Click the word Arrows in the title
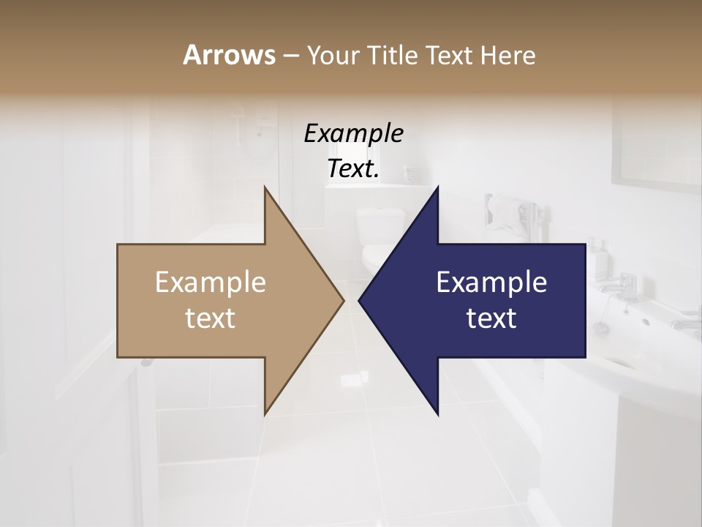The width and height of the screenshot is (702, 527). coord(229,55)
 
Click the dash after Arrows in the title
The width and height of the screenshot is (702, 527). coord(290,56)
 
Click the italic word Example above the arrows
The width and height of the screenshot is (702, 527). coord(353,133)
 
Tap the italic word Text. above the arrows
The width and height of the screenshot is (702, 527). coord(353,168)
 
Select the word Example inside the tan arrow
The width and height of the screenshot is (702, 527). coord(211,282)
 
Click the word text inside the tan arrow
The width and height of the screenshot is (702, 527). coord(211,318)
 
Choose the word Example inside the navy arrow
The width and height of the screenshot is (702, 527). coord(491,282)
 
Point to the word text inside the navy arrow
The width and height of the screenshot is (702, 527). coord(491,318)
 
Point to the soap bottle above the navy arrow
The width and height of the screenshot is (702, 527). coord(598,255)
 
